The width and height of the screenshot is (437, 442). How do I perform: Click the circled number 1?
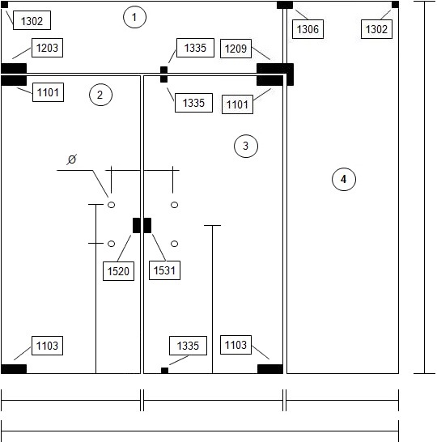[x=134, y=17]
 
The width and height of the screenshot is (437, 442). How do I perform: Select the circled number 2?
[x=100, y=95]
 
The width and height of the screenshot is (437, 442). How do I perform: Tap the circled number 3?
[x=246, y=146]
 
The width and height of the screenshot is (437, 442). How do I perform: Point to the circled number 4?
[x=344, y=179]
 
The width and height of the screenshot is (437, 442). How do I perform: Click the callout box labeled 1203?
[x=47, y=48]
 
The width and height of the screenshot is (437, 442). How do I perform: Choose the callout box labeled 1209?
[x=235, y=49]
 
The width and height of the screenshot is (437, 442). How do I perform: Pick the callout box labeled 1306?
[x=308, y=29]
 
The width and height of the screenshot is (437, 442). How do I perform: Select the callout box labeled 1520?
[x=118, y=271]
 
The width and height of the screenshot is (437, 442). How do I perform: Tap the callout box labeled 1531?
[x=164, y=270]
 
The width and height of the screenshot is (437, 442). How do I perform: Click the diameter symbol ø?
[x=72, y=159]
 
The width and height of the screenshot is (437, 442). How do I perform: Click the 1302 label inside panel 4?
[x=376, y=29]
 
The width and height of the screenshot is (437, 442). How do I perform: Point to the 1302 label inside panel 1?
[x=32, y=20]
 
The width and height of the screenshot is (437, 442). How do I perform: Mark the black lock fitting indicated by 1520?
[x=137, y=226]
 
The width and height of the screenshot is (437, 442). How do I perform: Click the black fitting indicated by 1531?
[x=147, y=226]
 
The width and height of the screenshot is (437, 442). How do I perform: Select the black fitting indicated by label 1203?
[x=14, y=68]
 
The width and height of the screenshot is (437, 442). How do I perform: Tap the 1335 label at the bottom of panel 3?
[x=188, y=346]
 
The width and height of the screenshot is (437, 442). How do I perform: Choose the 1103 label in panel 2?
[x=47, y=346]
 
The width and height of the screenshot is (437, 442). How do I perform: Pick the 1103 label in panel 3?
[x=235, y=345]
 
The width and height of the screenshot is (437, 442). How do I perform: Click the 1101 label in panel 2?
[x=49, y=92]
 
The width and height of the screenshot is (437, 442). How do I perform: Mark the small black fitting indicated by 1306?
[x=285, y=5]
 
